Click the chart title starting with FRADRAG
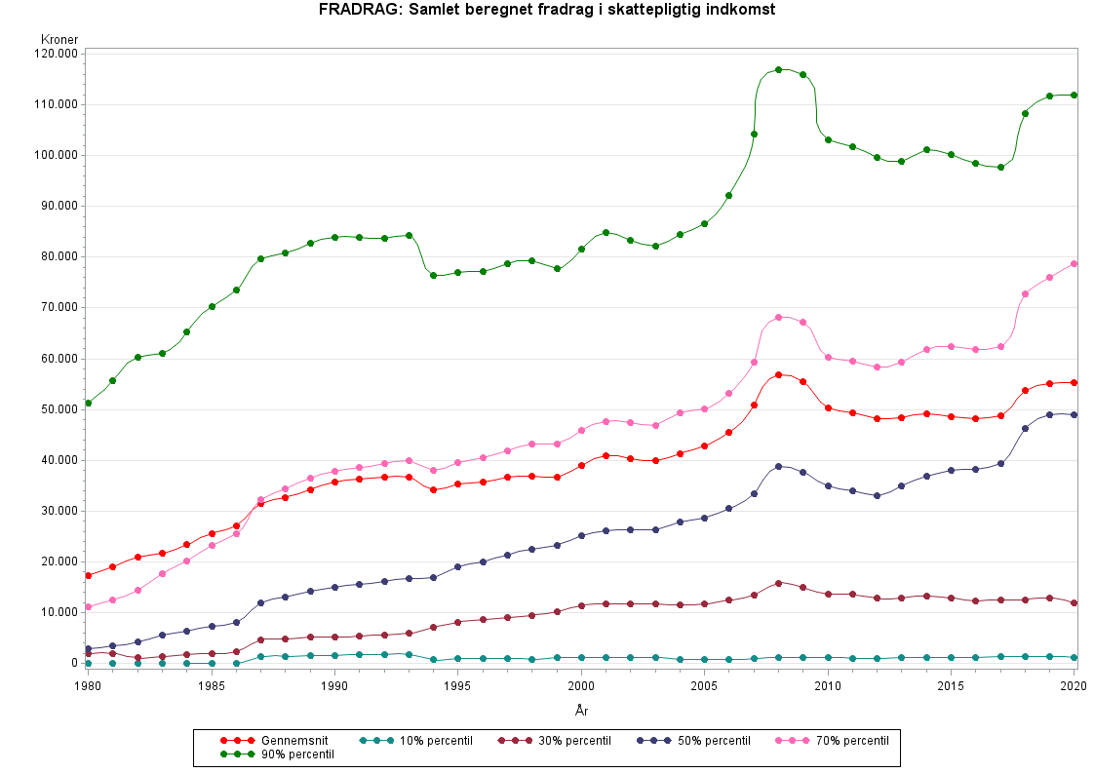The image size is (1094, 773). (546, 10)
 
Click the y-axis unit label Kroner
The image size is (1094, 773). (59, 40)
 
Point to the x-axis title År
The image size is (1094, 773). (581, 712)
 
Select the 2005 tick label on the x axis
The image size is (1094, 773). (704, 686)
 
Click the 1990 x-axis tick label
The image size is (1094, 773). (334, 686)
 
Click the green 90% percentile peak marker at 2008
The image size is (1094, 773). (778, 70)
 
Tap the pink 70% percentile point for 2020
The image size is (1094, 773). (1074, 263)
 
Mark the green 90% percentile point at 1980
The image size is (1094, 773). (89, 403)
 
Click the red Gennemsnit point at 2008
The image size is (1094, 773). (778, 374)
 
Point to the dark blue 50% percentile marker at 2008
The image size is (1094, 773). (778, 466)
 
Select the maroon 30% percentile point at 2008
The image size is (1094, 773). (778, 583)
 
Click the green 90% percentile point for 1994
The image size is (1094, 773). (433, 275)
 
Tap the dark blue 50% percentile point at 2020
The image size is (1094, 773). (1074, 414)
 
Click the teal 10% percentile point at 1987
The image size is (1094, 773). (260, 657)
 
